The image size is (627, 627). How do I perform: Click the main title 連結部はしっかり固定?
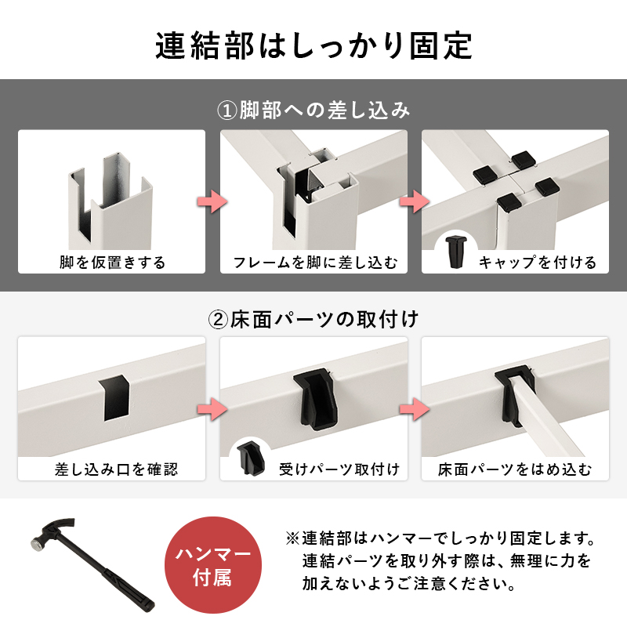point(313,46)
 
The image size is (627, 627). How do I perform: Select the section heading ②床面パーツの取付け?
point(313,319)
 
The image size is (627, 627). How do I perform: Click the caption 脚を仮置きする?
point(112,262)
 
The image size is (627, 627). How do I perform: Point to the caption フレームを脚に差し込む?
point(314,262)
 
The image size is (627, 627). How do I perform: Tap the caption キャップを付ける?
point(537,262)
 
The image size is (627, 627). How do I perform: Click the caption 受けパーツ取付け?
point(339,469)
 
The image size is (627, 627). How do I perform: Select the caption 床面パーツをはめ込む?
point(515,469)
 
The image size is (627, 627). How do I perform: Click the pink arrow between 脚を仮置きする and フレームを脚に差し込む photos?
point(211,201)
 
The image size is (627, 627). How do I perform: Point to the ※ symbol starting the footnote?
point(292,540)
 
